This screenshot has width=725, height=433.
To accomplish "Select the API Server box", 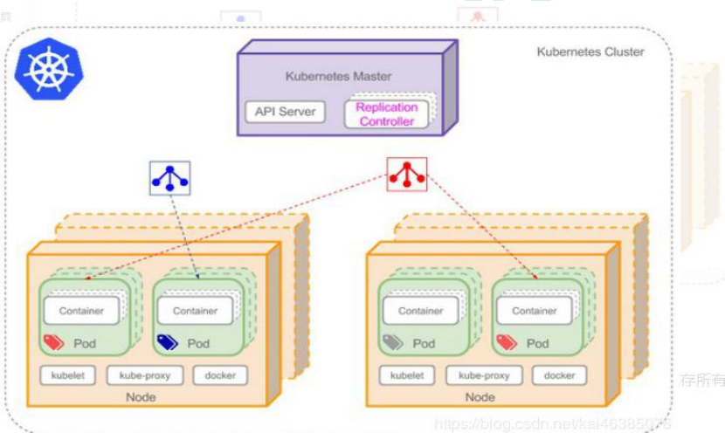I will [x=285, y=112].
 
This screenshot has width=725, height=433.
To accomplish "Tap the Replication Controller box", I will [x=386, y=114].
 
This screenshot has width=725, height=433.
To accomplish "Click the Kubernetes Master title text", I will [x=338, y=77].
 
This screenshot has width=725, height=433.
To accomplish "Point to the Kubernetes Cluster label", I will [x=590, y=52].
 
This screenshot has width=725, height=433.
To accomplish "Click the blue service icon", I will [x=170, y=178].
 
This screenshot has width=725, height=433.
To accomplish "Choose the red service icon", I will [x=407, y=174].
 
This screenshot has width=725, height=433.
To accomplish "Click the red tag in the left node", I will [x=53, y=343].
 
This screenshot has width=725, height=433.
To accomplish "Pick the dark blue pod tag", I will [x=166, y=343].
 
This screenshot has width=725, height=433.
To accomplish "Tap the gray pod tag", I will [x=392, y=343].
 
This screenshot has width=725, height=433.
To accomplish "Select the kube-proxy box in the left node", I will [x=144, y=376].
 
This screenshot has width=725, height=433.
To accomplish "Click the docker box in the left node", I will [x=220, y=376].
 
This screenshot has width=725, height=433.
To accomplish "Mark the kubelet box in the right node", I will [x=407, y=376].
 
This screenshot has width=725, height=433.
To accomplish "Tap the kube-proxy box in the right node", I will [x=483, y=376].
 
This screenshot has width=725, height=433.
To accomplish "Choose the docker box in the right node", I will [x=559, y=376].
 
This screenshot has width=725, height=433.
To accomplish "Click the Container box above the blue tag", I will [x=195, y=311].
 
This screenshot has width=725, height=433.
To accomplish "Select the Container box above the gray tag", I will [x=420, y=311].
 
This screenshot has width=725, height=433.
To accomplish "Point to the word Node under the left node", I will [x=141, y=397].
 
